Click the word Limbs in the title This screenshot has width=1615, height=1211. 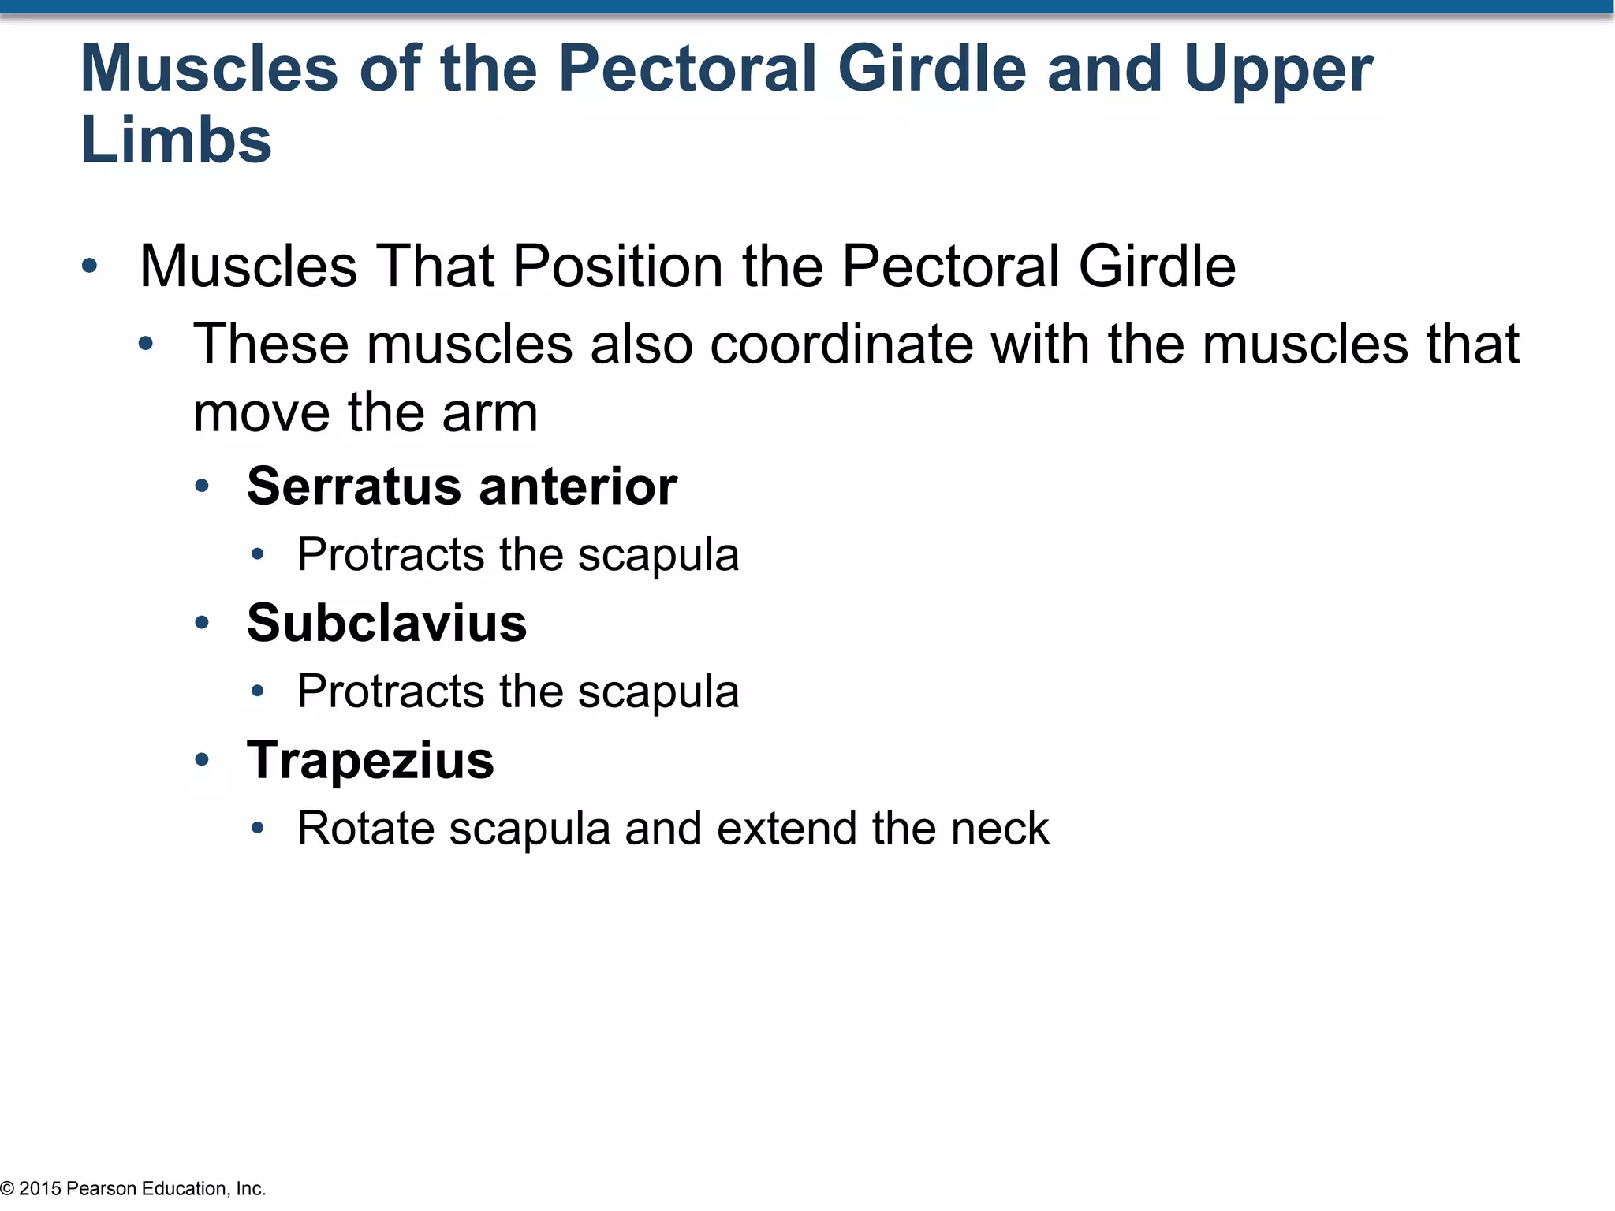pyautogui.click(x=176, y=140)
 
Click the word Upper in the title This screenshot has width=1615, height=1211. pyautogui.click(x=1277, y=69)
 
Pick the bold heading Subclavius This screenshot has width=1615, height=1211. pyautogui.click(x=386, y=623)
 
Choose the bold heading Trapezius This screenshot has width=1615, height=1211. pyautogui.click(x=370, y=760)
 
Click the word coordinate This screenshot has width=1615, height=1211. pyautogui.click(x=841, y=345)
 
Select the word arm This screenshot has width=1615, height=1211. pyautogui.click(x=490, y=413)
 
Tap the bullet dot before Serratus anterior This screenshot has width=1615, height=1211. pyautogui.click(x=202, y=486)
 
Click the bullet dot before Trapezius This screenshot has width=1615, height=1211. pyautogui.click(x=202, y=760)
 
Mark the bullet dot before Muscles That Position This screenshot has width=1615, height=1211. pyautogui.click(x=89, y=266)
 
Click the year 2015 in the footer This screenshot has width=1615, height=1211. pyautogui.click(x=40, y=1188)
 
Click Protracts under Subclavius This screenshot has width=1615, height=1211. pyautogui.click(x=390, y=691)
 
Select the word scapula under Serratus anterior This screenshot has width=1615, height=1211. pyautogui.click(x=658, y=555)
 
